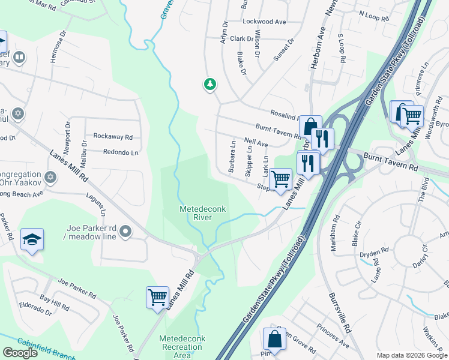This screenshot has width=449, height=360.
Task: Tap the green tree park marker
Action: (209, 84)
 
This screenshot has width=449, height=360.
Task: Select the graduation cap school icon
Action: (32, 240)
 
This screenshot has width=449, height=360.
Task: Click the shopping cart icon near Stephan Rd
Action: (280, 178)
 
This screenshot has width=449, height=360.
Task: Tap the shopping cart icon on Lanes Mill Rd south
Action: (157, 296)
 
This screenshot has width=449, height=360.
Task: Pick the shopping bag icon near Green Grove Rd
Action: (274, 339)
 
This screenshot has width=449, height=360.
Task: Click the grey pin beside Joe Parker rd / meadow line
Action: (125, 231)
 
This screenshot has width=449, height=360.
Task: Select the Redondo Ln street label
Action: (121, 152)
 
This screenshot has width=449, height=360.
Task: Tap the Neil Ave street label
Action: (256, 144)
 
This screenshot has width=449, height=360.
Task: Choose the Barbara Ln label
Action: (232, 156)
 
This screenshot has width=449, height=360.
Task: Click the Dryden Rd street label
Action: (370, 254)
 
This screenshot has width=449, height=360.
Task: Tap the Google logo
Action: (20, 353)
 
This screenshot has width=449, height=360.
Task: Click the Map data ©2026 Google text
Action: (411, 355)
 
